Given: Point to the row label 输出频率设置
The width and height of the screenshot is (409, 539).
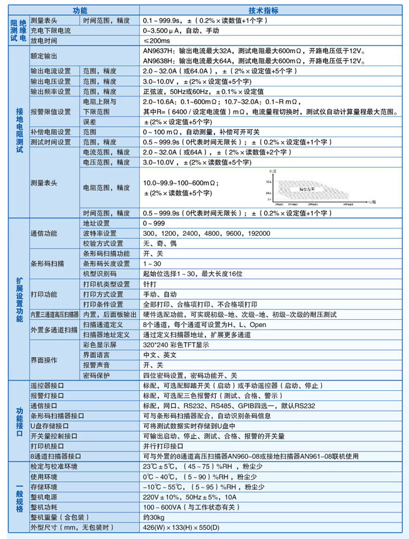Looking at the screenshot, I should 51,91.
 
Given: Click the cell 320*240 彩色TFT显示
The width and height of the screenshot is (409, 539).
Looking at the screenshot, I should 176,345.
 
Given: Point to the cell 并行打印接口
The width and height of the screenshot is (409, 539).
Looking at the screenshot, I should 163,446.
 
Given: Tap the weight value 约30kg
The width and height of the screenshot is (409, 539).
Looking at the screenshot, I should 154,518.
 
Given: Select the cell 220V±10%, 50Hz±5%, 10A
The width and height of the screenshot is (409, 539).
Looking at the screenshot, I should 189,497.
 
